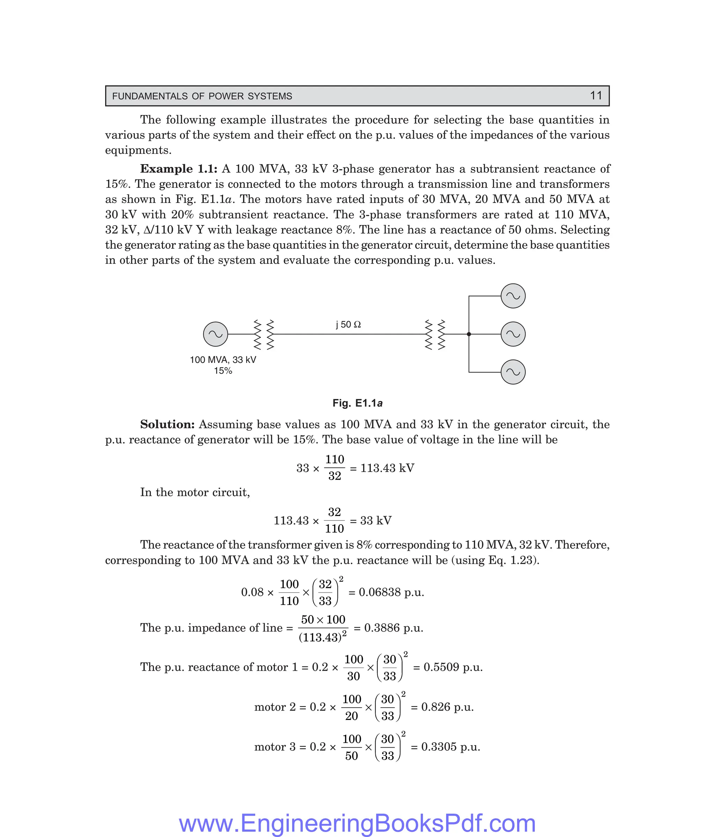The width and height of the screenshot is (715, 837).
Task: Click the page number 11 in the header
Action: [x=596, y=96]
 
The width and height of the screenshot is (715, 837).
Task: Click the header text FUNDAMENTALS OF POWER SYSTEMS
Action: [x=202, y=96]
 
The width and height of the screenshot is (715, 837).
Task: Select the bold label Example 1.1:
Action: [x=178, y=169]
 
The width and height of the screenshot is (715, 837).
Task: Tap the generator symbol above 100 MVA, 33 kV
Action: [x=216, y=334]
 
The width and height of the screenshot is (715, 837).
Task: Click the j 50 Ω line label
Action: [x=348, y=325]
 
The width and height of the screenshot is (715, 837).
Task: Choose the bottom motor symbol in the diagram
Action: [x=513, y=372]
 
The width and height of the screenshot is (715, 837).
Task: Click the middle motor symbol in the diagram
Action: [x=513, y=334]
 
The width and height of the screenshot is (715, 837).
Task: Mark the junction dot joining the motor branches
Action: [x=469, y=334]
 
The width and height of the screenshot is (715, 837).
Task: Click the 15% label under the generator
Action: [x=223, y=371]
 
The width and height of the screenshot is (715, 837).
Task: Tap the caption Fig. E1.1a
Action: [x=357, y=403]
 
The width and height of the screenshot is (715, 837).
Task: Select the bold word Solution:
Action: [x=168, y=424]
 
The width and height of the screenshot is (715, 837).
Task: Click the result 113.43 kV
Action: [x=387, y=468]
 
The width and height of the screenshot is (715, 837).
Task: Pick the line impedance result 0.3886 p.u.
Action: [x=393, y=628]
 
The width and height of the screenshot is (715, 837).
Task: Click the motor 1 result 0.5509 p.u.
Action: [x=452, y=667]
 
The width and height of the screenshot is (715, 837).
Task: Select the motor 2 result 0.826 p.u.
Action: [x=447, y=707]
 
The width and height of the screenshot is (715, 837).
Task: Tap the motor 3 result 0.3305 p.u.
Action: [x=450, y=747]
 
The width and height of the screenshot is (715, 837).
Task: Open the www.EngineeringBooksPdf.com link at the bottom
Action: [x=357, y=823]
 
